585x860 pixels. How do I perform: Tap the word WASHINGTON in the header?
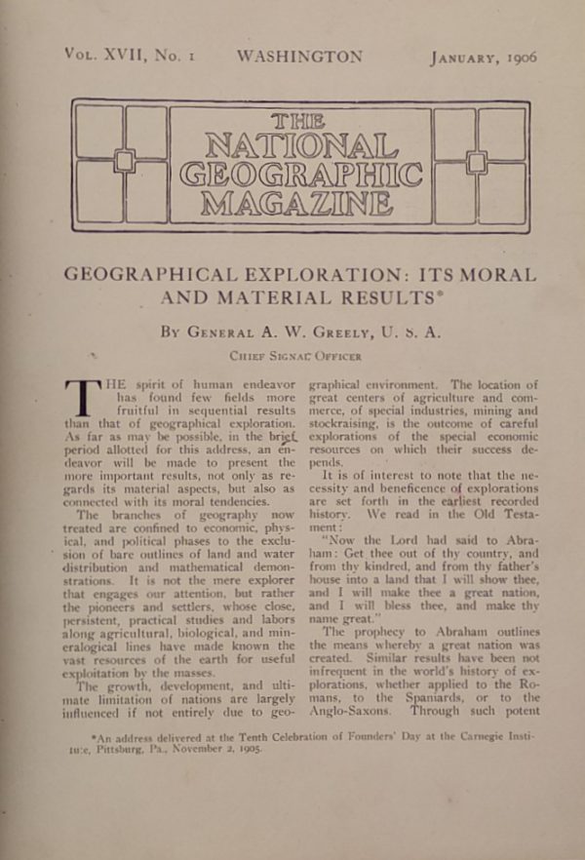coord(298,57)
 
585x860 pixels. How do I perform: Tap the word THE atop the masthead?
coord(300,122)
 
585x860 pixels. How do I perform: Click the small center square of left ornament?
coord(124,160)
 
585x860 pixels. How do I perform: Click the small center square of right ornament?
coord(476,162)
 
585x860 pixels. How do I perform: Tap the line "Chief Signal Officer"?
coord(295,357)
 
